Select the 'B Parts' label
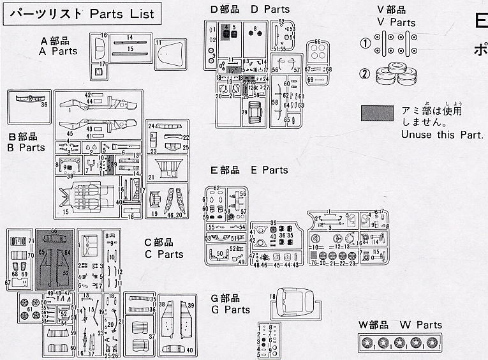pyautogui.click(x=26, y=147)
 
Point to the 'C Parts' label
pyautogui.click(x=163, y=254)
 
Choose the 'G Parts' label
pyautogui.click(x=231, y=310)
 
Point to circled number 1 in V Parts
pyautogui.click(x=365, y=45)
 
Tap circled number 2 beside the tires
pyautogui.click(x=365, y=74)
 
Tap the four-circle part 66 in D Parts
pyautogui.click(x=317, y=52)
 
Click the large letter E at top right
pyautogui.click(x=480, y=22)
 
